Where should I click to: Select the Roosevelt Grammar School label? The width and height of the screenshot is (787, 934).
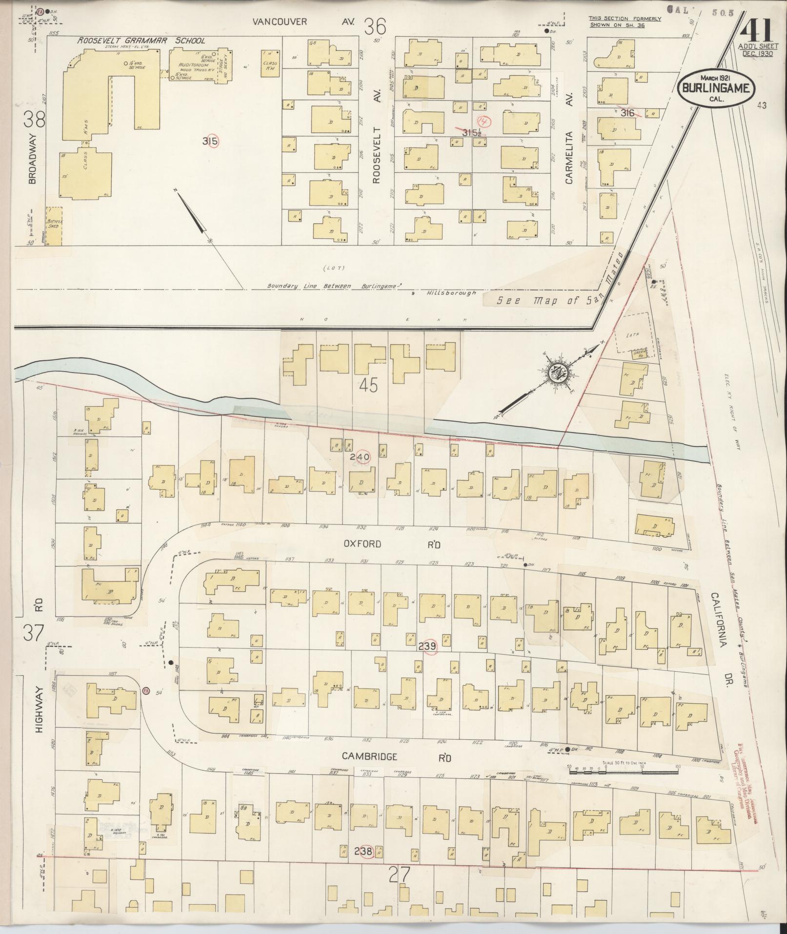[x=141, y=41]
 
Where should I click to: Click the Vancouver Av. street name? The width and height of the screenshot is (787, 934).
[x=305, y=21]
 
